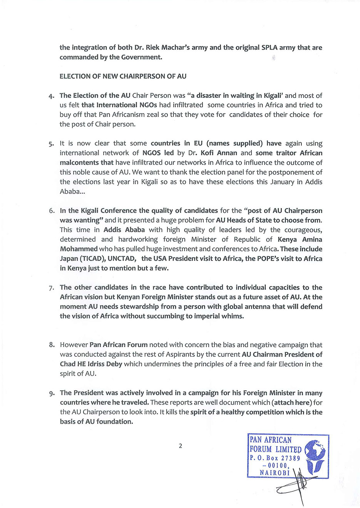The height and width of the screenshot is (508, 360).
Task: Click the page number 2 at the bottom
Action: point(180,446)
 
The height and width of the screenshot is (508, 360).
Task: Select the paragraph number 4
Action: point(51,96)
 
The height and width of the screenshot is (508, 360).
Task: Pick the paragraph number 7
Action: point(52,287)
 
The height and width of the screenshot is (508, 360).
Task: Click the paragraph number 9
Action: point(52,393)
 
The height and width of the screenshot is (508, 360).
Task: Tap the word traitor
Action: point(286,153)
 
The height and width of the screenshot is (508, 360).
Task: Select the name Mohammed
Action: point(79,249)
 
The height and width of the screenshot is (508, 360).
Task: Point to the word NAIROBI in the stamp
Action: point(275,473)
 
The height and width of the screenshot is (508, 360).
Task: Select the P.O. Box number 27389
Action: point(290,458)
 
